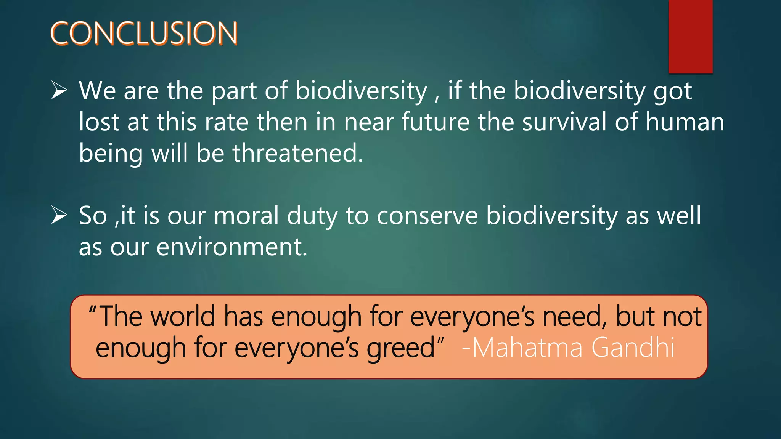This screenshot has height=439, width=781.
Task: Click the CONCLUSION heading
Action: click(144, 34)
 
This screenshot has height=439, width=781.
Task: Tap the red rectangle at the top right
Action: click(690, 36)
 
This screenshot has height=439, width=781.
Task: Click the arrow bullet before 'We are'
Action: click(59, 91)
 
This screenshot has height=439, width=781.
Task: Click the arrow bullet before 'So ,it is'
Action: click(59, 215)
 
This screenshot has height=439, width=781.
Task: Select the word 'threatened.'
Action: click(298, 153)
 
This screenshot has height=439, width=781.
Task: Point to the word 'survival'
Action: click(564, 122)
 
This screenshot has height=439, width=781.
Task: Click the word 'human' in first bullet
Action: click(685, 122)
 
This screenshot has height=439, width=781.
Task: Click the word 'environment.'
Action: click(231, 247)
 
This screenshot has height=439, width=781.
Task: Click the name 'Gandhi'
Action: click(633, 348)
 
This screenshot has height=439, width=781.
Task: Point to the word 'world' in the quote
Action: click(183, 316)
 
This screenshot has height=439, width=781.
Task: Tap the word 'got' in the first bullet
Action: click(673, 91)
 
